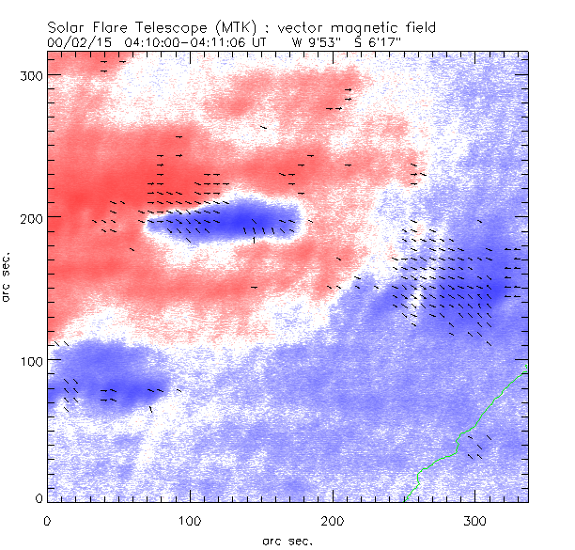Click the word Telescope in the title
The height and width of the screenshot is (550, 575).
click(165, 26)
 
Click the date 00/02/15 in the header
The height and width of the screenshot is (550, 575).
click(77, 41)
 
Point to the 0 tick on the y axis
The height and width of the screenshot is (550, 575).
click(38, 498)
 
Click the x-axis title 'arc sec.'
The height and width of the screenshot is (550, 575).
click(287, 540)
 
